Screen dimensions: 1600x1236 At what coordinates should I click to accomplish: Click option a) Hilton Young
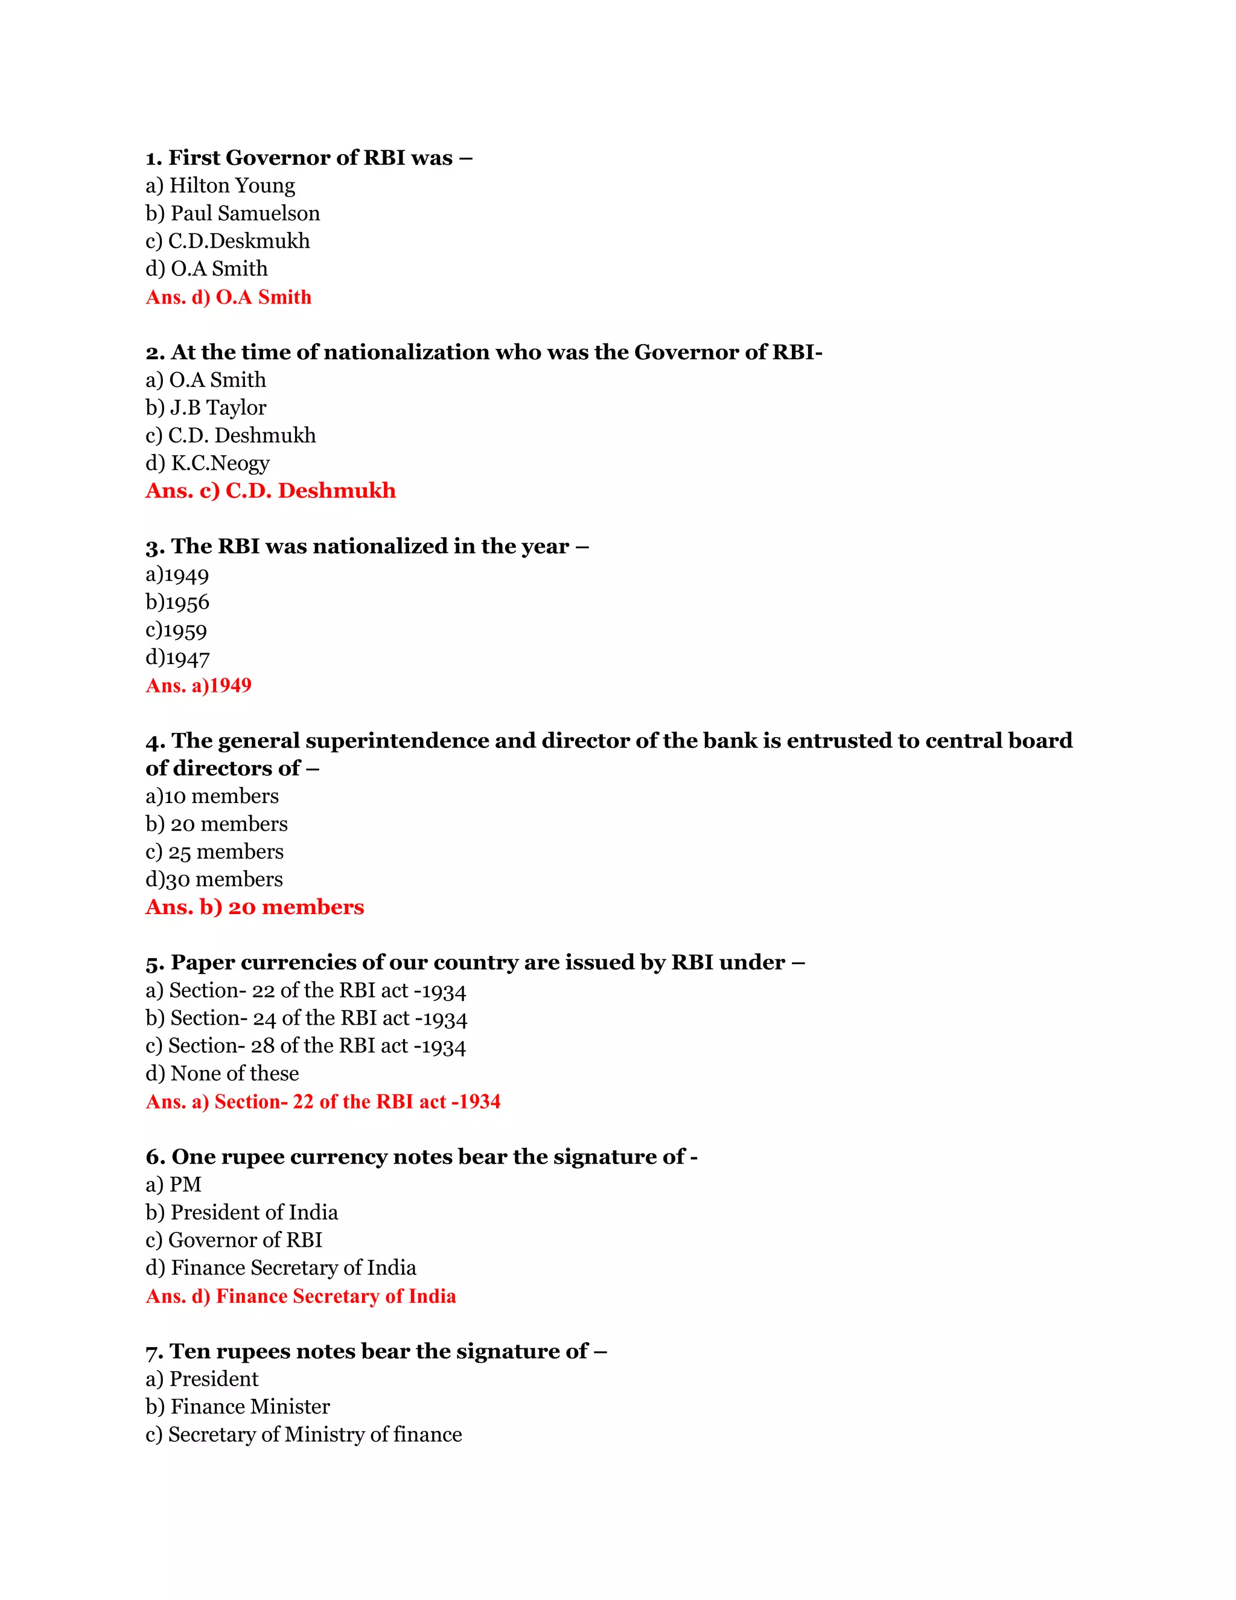pyautogui.click(x=220, y=186)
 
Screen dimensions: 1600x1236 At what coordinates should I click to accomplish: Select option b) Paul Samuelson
pyautogui.click(x=233, y=214)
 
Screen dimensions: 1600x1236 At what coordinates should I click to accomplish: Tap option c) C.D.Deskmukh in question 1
pyautogui.click(x=228, y=241)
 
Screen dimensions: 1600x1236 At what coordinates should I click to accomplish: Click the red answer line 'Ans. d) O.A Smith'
pyautogui.click(x=229, y=298)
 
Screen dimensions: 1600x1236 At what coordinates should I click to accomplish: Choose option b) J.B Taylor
pyautogui.click(x=206, y=408)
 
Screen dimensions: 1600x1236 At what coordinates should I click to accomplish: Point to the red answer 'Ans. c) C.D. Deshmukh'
pyautogui.click(x=270, y=491)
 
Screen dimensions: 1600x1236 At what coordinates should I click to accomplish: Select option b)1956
pyautogui.click(x=178, y=603)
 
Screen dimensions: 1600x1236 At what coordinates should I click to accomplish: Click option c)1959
pyautogui.click(x=176, y=631)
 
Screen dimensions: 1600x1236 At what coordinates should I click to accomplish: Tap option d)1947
pyautogui.click(x=178, y=659)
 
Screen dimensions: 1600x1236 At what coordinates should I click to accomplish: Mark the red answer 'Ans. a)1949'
pyautogui.click(x=199, y=686)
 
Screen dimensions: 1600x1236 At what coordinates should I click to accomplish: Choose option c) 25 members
pyautogui.click(x=214, y=852)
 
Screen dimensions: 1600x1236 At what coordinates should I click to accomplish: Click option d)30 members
pyautogui.click(x=214, y=880)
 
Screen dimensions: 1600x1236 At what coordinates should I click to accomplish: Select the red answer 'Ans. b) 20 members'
pyautogui.click(x=255, y=907)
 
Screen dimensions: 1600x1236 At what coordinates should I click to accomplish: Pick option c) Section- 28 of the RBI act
pyautogui.click(x=305, y=1046)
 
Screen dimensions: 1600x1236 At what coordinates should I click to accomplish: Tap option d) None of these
pyautogui.click(x=223, y=1074)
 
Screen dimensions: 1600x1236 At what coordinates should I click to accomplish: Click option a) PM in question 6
pyautogui.click(x=174, y=1185)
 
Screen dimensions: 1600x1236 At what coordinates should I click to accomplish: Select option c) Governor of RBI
pyautogui.click(x=234, y=1240)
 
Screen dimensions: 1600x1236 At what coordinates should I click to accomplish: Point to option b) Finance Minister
pyautogui.click(x=238, y=1407)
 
